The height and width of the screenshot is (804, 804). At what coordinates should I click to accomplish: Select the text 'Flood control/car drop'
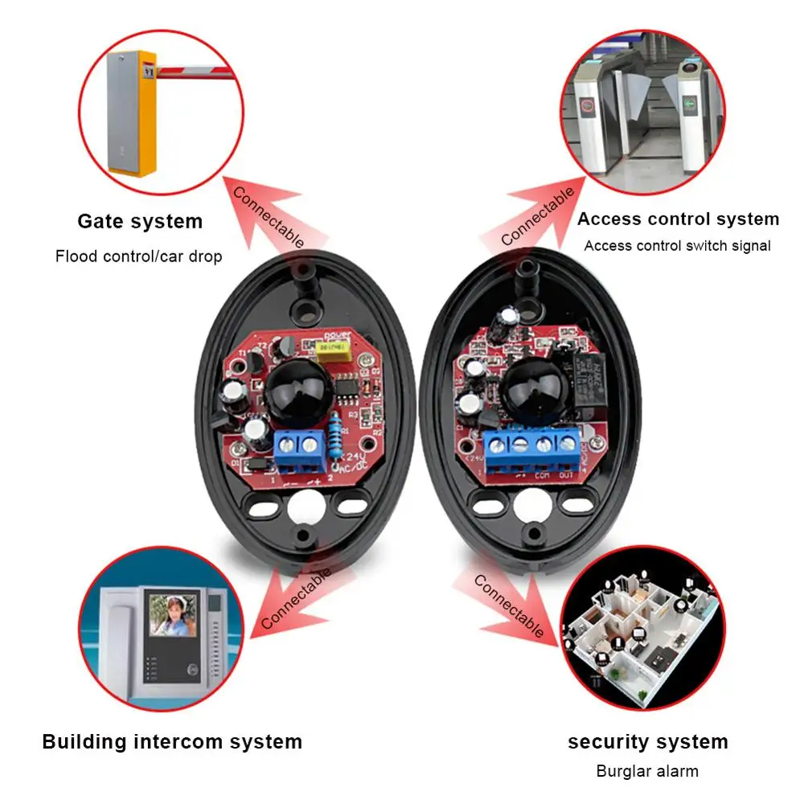[138, 256]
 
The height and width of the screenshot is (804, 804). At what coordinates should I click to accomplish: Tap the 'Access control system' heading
[678, 219]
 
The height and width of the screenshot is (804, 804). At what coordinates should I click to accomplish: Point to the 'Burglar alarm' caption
[647, 771]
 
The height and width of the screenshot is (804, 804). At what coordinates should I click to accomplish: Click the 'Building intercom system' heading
[172, 741]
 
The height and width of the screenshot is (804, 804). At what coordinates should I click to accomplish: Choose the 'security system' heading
[648, 741]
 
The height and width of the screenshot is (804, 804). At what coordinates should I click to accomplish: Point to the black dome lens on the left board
[296, 392]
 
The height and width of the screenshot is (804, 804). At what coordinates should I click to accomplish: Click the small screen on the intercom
[172, 617]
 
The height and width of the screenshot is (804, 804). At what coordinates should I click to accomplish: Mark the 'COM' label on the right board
[542, 476]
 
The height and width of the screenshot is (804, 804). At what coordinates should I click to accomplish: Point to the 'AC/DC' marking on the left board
[355, 468]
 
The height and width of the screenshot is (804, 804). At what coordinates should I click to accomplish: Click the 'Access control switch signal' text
[677, 246]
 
